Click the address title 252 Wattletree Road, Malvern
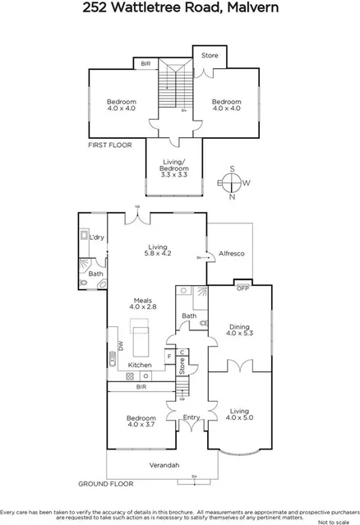point(179,10)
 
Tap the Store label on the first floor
point(210,56)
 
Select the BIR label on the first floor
point(145,63)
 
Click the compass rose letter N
point(233,197)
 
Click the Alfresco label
point(230,254)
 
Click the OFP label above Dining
point(242,288)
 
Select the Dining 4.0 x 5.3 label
point(238,330)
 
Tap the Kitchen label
point(139,364)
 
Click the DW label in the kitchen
point(120,348)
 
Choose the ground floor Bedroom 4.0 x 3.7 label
point(142,421)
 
